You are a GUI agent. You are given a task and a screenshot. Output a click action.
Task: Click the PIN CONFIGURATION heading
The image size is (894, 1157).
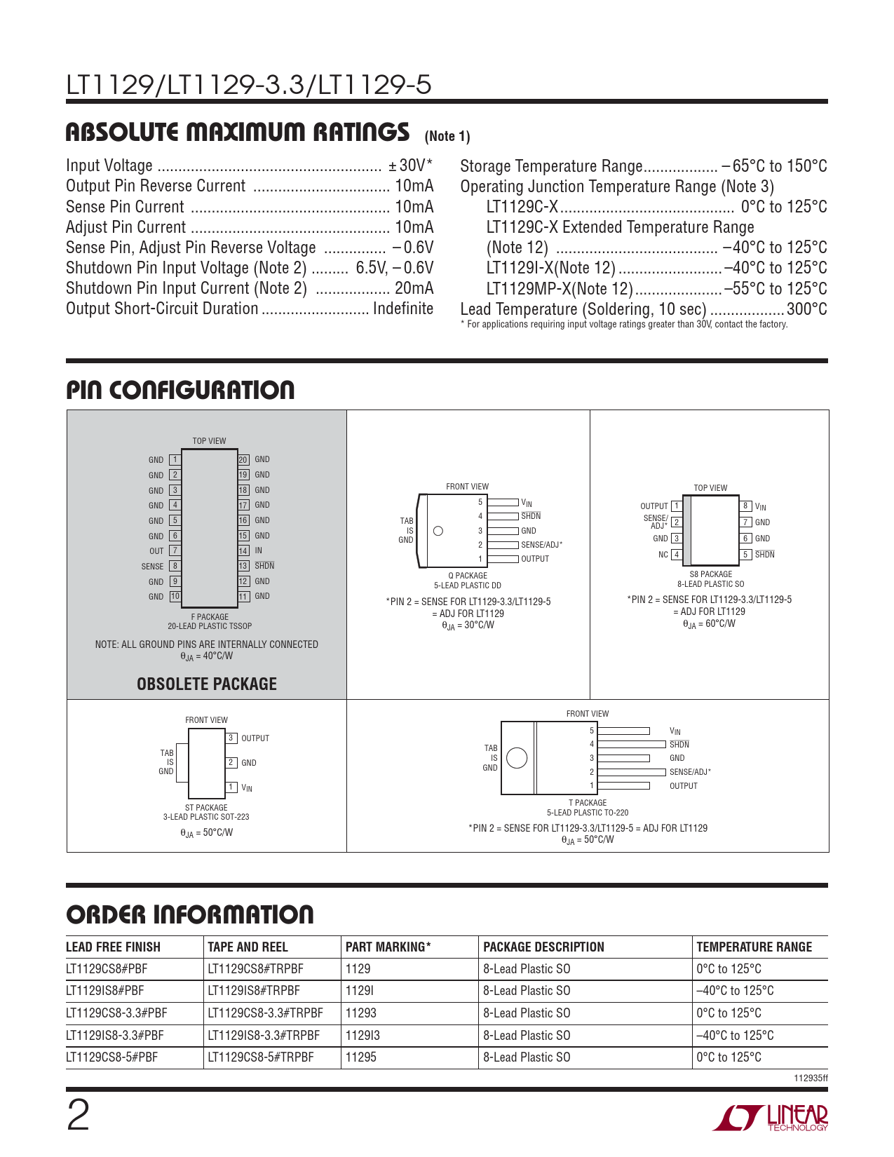click(180, 391)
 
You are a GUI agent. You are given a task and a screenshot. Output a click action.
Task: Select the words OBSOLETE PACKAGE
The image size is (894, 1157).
click(207, 684)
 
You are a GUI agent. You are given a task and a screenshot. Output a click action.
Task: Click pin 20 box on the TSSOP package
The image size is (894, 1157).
click(243, 460)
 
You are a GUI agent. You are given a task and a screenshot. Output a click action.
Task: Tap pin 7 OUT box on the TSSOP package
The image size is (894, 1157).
click(175, 551)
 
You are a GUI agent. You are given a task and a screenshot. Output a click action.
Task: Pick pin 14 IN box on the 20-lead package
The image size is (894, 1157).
click(243, 551)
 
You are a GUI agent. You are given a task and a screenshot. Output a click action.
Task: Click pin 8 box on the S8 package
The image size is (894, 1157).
click(746, 506)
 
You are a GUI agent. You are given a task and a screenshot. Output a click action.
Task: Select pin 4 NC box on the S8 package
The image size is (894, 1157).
click(677, 555)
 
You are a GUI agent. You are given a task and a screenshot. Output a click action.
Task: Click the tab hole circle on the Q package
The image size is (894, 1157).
click(438, 531)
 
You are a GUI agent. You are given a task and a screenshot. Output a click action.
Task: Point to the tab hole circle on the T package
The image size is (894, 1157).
click(517, 758)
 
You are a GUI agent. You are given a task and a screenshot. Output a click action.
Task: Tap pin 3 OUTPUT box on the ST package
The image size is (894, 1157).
click(231, 738)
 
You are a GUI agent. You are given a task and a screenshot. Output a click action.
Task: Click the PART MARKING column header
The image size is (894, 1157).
click(388, 947)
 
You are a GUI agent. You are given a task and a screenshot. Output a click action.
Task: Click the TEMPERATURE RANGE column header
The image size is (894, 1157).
click(754, 947)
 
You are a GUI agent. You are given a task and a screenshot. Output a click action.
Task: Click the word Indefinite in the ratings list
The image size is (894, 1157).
click(403, 309)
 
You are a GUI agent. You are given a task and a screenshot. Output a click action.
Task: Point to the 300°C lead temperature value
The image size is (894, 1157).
click(806, 309)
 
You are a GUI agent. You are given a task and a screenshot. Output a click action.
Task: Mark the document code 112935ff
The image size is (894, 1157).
click(811, 1078)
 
